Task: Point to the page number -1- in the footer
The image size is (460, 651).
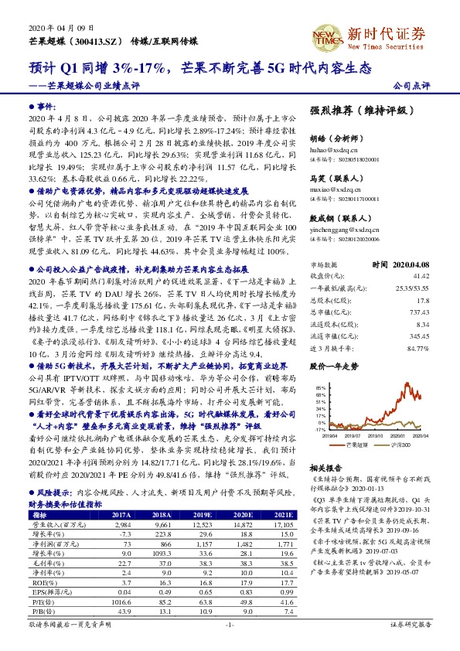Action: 230,644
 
